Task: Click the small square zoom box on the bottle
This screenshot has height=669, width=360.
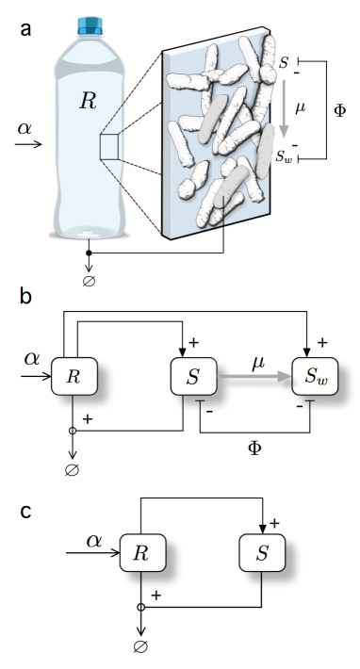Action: coord(109,148)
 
